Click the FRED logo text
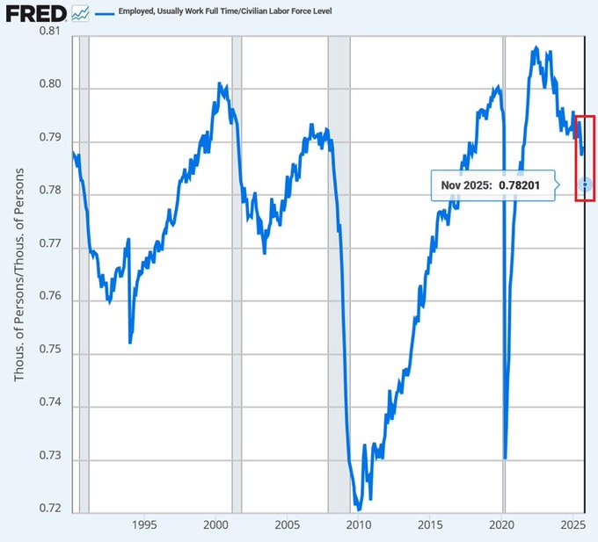[x=33, y=13]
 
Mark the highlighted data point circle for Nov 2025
[x=586, y=184]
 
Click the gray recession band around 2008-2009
[x=339, y=264]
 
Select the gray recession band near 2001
[x=236, y=264]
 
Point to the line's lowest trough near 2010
[x=358, y=507]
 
